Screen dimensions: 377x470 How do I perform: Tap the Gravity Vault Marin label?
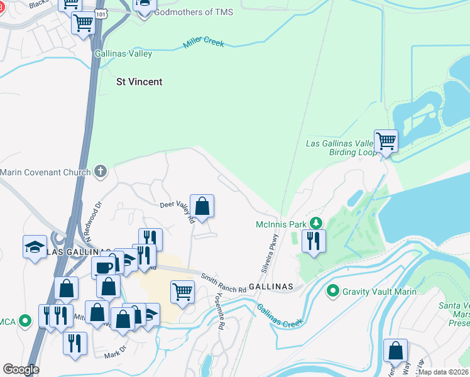pos(374,292)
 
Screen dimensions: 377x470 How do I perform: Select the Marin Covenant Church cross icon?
pos(101,171)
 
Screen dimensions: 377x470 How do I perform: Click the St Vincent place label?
pos(139,82)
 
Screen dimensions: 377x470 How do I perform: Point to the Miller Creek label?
pos(204,43)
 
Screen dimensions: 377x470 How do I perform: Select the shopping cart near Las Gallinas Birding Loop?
pos(386,141)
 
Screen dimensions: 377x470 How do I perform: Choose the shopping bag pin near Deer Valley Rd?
pos(202,205)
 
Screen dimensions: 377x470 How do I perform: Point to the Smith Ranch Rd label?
pos(224,283)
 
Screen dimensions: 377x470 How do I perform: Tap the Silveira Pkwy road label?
pos(268,254)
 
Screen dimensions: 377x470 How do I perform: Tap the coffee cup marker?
pos(104,266)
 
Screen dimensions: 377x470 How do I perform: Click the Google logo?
pos(21,369)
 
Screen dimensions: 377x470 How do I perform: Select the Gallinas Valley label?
pos(123,54)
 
